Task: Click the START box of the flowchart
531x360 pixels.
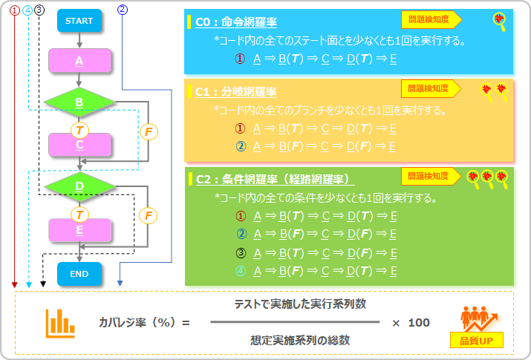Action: pyautogui.click(x=79, y=21)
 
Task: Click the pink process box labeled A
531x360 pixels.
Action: pyautogui.click(x=79, y=62)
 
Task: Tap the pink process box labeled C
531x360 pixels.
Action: pyautogui.click(x=79, y=145)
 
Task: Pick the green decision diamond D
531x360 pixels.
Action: pyautogui.click(x=79, y=186)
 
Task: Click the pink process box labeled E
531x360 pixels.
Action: pyautogui.click(x=79, y=230)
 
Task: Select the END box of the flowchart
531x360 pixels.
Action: pyautogui.click(x=79, y=274)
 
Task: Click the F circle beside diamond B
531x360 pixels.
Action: pyautogui.click(x=148, y=132)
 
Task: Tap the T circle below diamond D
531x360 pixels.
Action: pyautogui.click(x=79, y=215)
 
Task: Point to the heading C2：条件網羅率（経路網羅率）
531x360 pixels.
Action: pyautogui.click(x=275, y=180)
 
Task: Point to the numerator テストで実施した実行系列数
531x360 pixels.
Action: pyautogui.click(x=300, y=305)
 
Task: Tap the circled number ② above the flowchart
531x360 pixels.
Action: pyautogui.click(x=123, y=10)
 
